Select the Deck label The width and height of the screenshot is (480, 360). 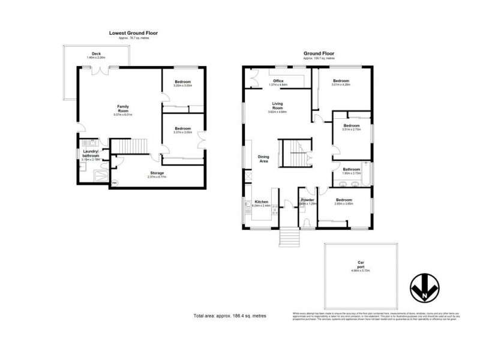coord(96,53)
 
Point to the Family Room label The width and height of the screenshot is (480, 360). coord(122,109)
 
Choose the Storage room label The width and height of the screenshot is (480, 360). coord(157,173)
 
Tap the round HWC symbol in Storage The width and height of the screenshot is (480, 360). coord(116,182)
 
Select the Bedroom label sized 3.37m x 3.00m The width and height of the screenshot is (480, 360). coord(182,128)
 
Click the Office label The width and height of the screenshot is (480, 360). coord(278,81)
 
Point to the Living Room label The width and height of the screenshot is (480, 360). coord(277,106)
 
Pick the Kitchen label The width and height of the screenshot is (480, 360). coord(261,201)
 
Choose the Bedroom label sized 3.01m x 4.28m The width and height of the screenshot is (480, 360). coord(341,81)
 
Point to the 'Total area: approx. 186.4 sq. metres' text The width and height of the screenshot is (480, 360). coord(230,315)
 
